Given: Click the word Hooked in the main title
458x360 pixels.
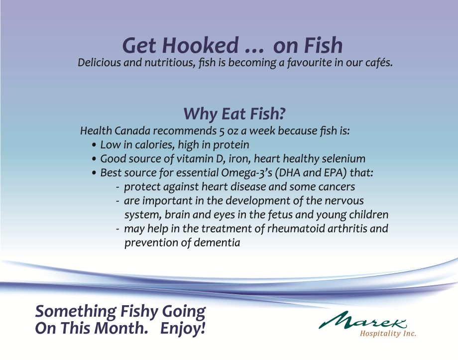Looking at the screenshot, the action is click(x=200, y=46).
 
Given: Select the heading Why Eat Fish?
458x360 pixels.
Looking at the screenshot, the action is click(x=234, y=114).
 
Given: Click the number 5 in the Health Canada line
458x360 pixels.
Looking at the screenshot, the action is click(x=222, y=131).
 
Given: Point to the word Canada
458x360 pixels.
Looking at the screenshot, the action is click(x=132, y=130).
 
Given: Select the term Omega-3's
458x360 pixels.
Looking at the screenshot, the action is click(x=246, y=173).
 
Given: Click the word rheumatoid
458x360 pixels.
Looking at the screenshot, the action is click(x=296, y=229).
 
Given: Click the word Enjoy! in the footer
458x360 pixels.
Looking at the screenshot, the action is click(x=183, y=328).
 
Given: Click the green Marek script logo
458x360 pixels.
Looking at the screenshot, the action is click(x=362, y=320).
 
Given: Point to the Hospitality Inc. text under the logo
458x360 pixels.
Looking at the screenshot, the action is click(x=388, y=334).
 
